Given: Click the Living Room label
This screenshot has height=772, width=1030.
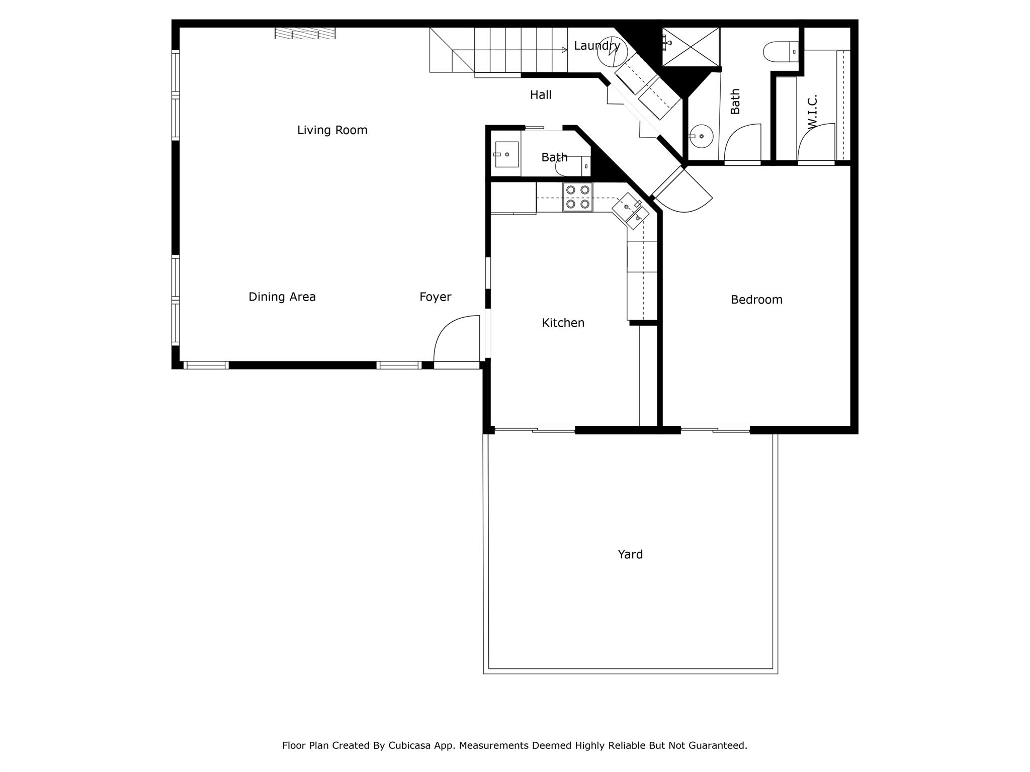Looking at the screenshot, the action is pos(332,130).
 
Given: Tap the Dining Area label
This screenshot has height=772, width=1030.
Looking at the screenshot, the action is pos(282,297).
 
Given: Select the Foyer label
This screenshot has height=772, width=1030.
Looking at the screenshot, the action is pos(436,297).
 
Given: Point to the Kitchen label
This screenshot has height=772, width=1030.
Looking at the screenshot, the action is pos(563,323).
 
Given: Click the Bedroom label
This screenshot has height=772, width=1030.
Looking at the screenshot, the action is pos(756,300).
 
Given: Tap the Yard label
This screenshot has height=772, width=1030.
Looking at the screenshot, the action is pos(630,554).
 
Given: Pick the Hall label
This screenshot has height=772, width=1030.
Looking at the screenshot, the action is pos(541,94).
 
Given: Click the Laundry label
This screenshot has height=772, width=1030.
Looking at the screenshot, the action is pos(597,46).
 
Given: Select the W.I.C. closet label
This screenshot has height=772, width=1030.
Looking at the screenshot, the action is pos(812,112).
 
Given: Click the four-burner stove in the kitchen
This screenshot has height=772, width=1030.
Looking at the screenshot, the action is pos(577,197).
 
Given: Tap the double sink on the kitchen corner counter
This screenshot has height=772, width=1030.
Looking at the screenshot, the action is pos(630,211).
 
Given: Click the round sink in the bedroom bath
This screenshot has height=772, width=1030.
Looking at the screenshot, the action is pos(701,136).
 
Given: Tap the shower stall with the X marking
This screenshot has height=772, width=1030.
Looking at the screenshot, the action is pos(691,47).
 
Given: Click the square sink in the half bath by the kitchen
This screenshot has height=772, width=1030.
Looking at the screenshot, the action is pos(506,154).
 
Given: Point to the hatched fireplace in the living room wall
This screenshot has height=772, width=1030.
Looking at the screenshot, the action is pos(305,33).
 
